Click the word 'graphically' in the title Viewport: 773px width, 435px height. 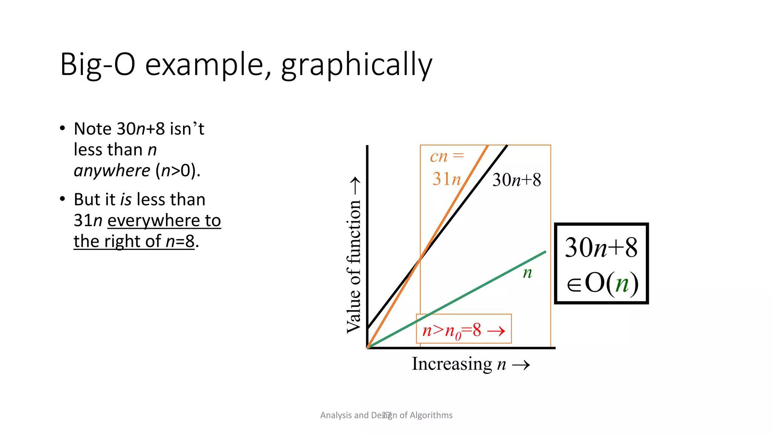point(356,65)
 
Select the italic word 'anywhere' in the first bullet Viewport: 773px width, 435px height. point(112,171)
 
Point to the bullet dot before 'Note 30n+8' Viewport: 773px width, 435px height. point(63,128)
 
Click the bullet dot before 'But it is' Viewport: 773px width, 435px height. point(63,199)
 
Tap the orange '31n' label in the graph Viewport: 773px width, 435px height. point(447,179)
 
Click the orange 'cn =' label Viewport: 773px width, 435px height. point(447,156)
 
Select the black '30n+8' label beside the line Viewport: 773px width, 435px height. point(516,180)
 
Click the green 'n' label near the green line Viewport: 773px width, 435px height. point(527,273)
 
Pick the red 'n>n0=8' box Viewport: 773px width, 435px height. point(463,329)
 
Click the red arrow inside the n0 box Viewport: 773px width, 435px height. point(496,332)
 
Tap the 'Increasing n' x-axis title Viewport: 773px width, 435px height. point(459,364)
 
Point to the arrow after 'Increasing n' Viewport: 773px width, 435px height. point(521,365)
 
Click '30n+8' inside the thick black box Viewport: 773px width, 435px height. point(601,248)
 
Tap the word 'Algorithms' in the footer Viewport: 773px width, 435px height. point(431,415)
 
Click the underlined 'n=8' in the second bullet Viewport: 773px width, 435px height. point(180,241)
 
